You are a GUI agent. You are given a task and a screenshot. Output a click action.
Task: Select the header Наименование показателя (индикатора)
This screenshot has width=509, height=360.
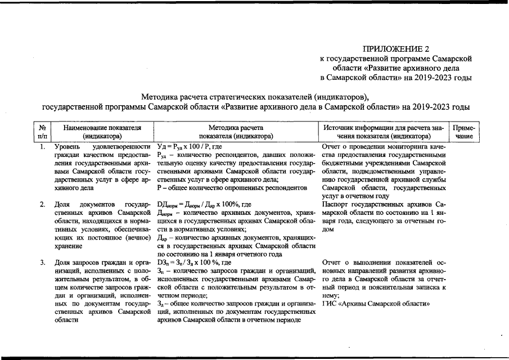point(102,132)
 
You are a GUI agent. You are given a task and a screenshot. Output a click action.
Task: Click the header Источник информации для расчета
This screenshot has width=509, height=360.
point(384,132)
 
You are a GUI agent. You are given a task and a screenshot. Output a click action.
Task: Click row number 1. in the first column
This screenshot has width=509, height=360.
point(42,147)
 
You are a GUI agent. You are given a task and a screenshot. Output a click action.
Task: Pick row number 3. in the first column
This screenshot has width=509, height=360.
point(42,263)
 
